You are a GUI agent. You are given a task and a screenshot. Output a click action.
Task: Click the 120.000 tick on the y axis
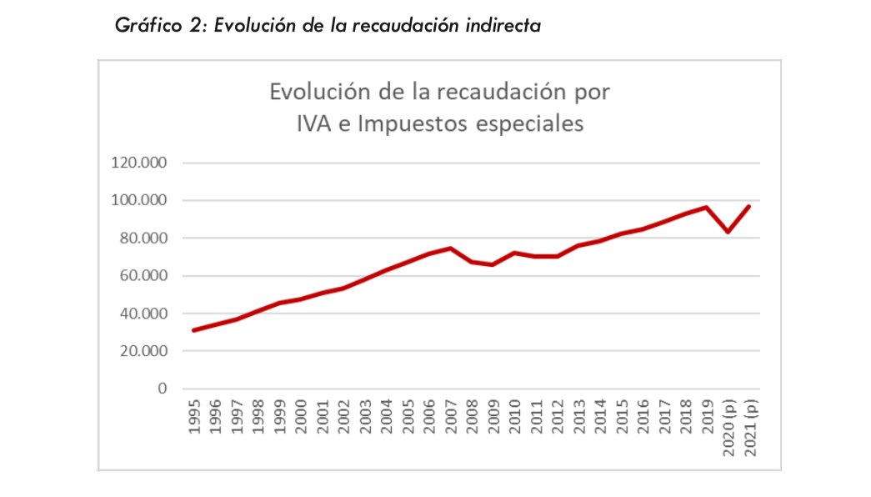point(139,163)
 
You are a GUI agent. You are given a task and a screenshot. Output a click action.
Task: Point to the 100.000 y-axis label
point(139,200)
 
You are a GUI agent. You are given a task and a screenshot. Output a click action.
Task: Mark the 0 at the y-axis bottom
point(163,389)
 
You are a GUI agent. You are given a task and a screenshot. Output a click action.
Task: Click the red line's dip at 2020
point(728,232)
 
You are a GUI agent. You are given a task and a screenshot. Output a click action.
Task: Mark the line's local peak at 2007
point(450,248)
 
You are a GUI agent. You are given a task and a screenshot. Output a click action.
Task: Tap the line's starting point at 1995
point(193,330)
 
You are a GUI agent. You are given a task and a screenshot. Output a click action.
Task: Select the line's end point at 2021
point(750,206)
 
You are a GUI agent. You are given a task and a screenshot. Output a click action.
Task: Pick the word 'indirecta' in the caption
point(502,26)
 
